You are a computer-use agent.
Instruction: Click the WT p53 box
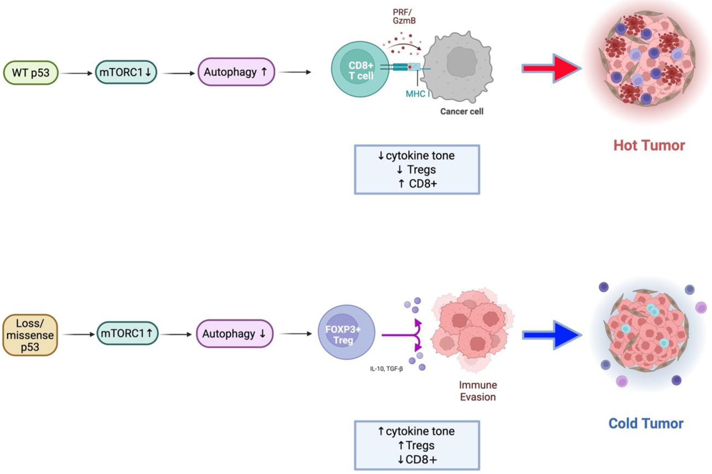tap(31, 73)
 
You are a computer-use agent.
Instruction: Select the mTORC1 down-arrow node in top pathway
tap(126, 72)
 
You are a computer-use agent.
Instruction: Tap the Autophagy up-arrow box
tap(236, 72)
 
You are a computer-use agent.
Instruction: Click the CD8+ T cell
tap(360, 69)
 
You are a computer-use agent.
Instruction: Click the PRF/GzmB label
tap(403, 16)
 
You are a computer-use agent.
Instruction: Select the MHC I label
tap(417, 94)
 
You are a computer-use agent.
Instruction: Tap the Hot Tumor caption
tap(649, 145)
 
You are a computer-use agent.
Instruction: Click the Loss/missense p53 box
tap(30, 335)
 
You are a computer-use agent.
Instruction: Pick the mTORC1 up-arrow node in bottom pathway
tap(127, 333)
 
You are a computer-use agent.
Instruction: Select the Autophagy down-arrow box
tap(235, 333)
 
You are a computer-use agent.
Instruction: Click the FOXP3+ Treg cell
tap(346, 332)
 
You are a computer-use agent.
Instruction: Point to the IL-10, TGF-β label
tap(386, 369)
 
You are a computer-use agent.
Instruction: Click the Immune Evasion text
tap(478, 391)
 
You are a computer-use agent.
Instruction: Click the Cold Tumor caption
tap(646, 423)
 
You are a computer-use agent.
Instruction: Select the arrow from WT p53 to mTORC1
tap(76, 73)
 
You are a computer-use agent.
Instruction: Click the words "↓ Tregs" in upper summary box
tap(416, 170)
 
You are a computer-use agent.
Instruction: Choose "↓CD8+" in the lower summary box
tap(417, 460)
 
